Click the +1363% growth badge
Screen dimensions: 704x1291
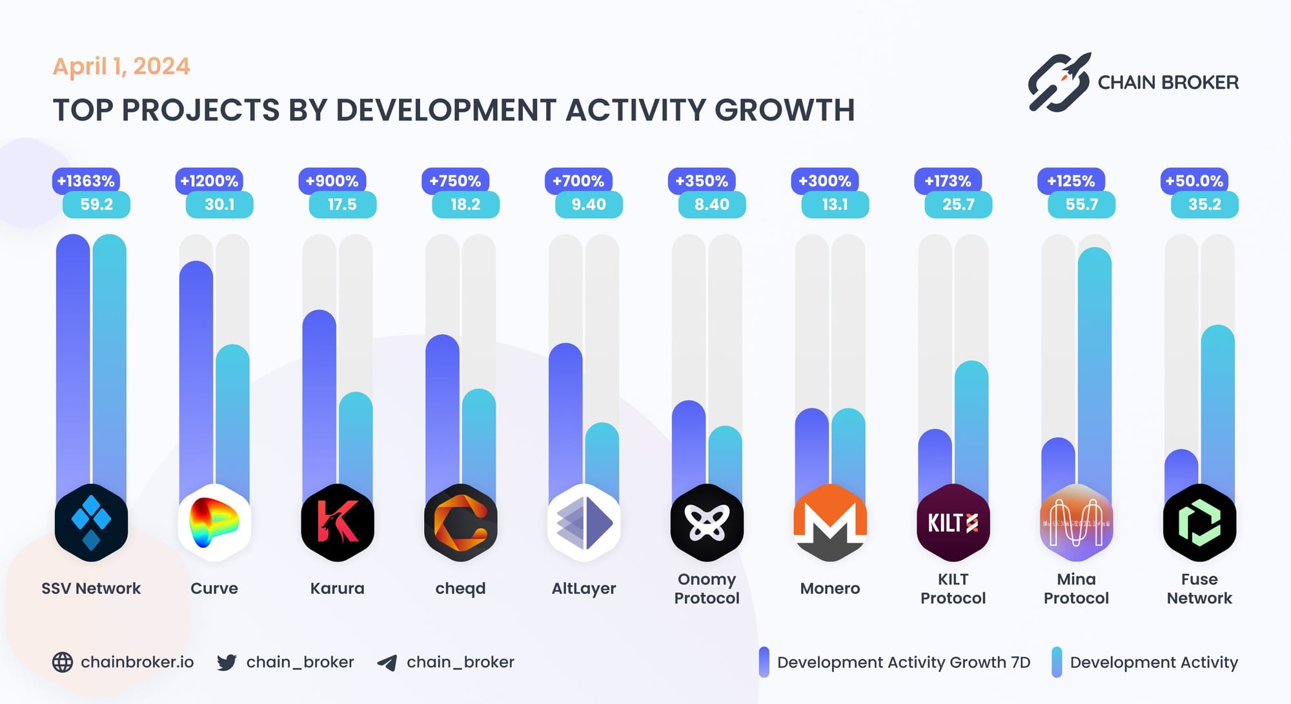pos(86,181)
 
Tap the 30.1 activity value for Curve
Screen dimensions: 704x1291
pos(219,205)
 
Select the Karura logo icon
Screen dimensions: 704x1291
pos(337,522)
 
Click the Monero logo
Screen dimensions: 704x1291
pos(829,522)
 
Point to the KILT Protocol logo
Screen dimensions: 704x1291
pos(953,522)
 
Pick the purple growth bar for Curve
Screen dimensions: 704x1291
pos(196,374)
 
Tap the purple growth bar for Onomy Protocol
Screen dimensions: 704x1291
pos(688,445)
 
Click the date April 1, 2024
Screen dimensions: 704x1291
pos(121,66)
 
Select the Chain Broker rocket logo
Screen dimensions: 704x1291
pos(1059,82)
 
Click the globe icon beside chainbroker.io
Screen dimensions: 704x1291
pos(63,662)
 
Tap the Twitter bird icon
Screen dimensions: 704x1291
pos(227,662)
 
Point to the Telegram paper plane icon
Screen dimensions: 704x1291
pos(387,663)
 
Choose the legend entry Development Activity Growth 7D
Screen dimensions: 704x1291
pos(903,663)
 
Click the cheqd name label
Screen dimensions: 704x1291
pos(460,588)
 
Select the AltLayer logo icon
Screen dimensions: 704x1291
pos(584,522)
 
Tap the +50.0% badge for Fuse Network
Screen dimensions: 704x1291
pos(1194,181)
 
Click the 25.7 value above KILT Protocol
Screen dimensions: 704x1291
pos(958,205)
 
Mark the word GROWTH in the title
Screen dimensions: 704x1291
pos(784,110)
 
